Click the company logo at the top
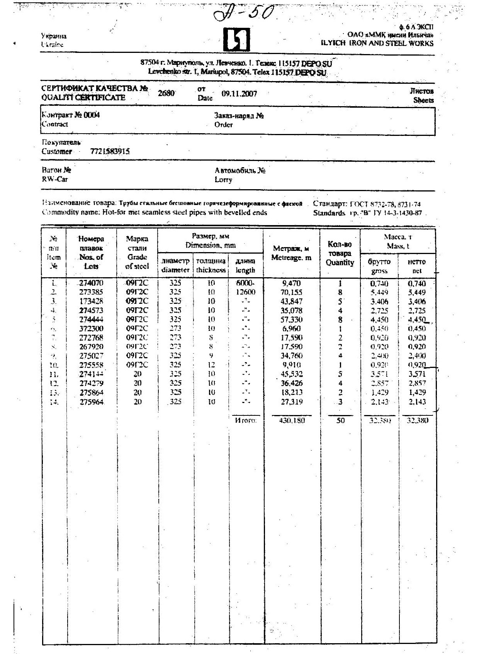click(236, 40)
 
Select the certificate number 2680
click(166, 93)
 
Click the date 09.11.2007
click(239, 94)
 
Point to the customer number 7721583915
click(110, 151)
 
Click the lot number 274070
click(91, 283)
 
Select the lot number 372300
click(91, 329)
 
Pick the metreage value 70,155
click(292, 292)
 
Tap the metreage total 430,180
click(292, 420)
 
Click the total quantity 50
click(340, 420)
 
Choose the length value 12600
click(245, 292)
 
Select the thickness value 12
click(211, 365)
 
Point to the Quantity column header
click(340, 263)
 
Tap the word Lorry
click(223, 180)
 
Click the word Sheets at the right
click(423, 100)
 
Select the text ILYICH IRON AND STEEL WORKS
click(377, 44)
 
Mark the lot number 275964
click(91, 402)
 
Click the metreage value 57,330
click(292, 320)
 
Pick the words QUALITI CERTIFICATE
click(83, 98)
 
